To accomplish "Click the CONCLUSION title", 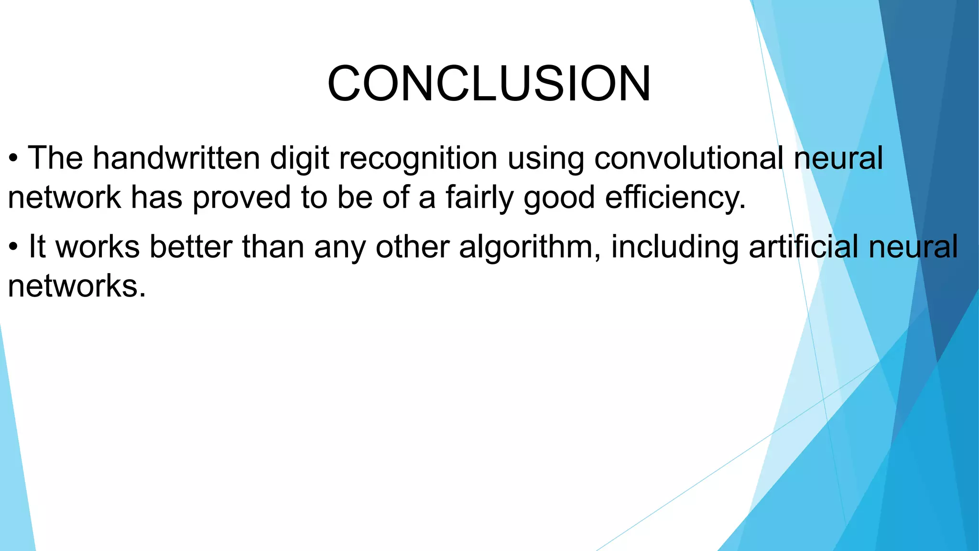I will coord(489,84).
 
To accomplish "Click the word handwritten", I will coord(176,158).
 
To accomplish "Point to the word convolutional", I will coord(688,158).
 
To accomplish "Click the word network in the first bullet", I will coord(64,197).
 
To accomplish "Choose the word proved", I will coord(241,198).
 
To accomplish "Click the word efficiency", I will coord(675,198).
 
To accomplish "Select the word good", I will coord(559,198).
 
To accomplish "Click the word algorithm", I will coord(529,247).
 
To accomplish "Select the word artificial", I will coord(803,247).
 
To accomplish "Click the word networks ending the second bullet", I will coord(76,287).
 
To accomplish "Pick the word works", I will coord(98,247).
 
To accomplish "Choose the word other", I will coord(412,247).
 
